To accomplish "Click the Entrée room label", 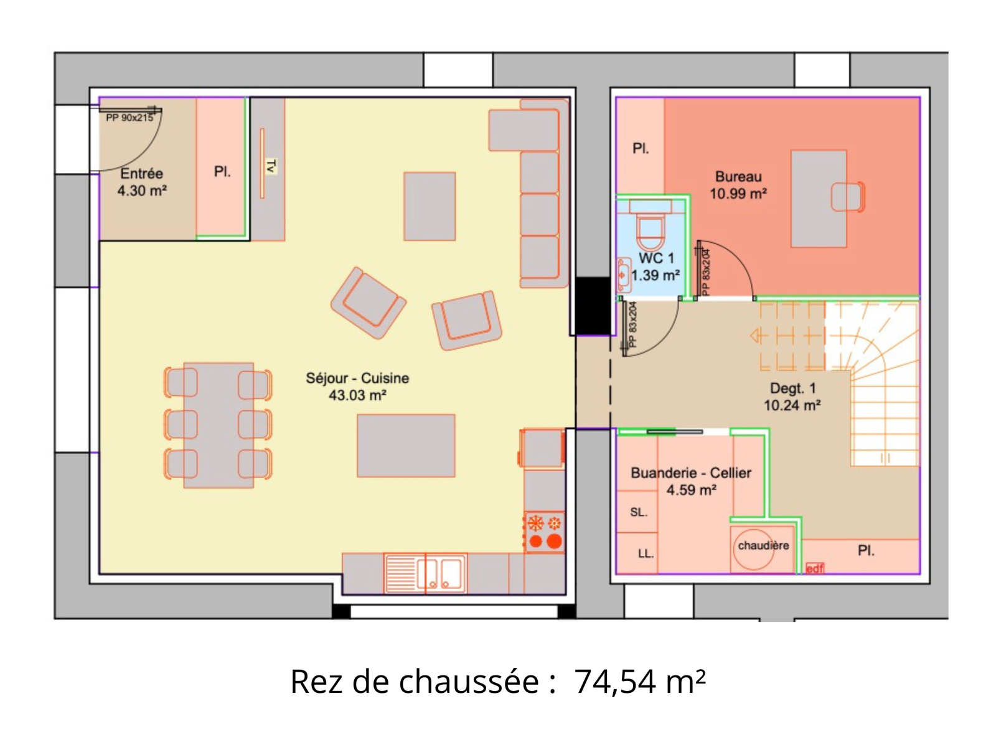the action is point(141,174).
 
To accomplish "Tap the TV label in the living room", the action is point(271,166).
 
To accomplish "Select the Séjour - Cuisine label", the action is point(357,378).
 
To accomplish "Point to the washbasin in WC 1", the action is point(624,275).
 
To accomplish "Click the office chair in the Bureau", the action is point(848,197).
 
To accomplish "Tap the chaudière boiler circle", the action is point(754,549).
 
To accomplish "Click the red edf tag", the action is point(814,568).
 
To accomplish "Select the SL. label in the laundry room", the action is point(639,512).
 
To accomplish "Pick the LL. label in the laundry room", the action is point(646,554).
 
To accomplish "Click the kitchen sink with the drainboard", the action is point(425,573).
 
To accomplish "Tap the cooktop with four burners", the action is point(545,532).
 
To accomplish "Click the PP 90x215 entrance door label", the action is point(129,118).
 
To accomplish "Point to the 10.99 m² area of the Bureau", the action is point(738,194).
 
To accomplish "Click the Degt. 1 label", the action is point(792,388).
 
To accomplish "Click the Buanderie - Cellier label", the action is point(690,473).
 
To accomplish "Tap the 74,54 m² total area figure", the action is point(640,682).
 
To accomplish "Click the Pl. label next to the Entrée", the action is point(222,172).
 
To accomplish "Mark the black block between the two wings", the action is point(593,306).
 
